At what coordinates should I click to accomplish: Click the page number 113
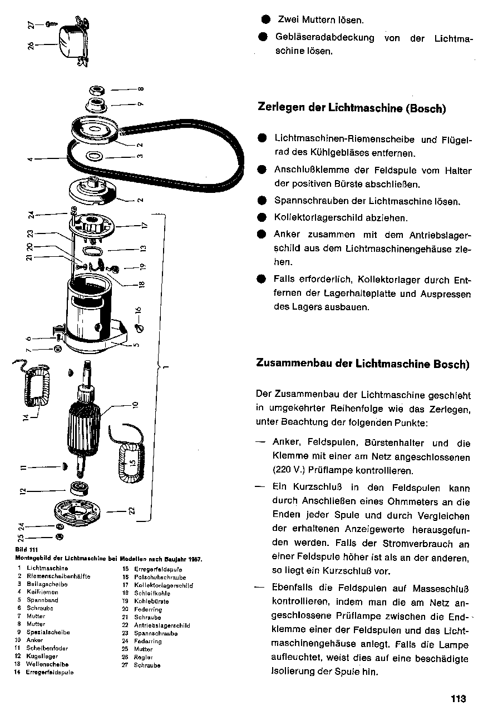458,699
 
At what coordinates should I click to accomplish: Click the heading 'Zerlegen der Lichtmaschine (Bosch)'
352,108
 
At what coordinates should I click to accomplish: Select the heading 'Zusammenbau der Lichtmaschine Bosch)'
362,364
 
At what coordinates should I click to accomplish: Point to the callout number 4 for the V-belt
31,160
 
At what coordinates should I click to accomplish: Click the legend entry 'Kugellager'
42,657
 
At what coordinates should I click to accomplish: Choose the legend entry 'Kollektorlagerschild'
163,585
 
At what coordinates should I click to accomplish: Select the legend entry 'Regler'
144,657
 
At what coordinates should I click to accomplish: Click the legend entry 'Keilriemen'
42,593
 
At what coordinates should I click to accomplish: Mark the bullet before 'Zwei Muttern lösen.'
265,20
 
